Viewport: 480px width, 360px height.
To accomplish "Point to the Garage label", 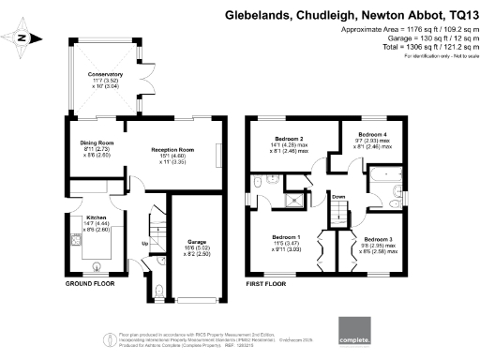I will point(196,242).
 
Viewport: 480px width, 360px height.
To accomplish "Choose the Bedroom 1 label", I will point(285,237).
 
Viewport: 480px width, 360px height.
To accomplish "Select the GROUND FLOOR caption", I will point(90,283).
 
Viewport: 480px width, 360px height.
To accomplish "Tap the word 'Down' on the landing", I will point(338,196).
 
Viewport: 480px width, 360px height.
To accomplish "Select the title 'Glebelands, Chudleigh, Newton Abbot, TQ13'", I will point(350,15).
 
